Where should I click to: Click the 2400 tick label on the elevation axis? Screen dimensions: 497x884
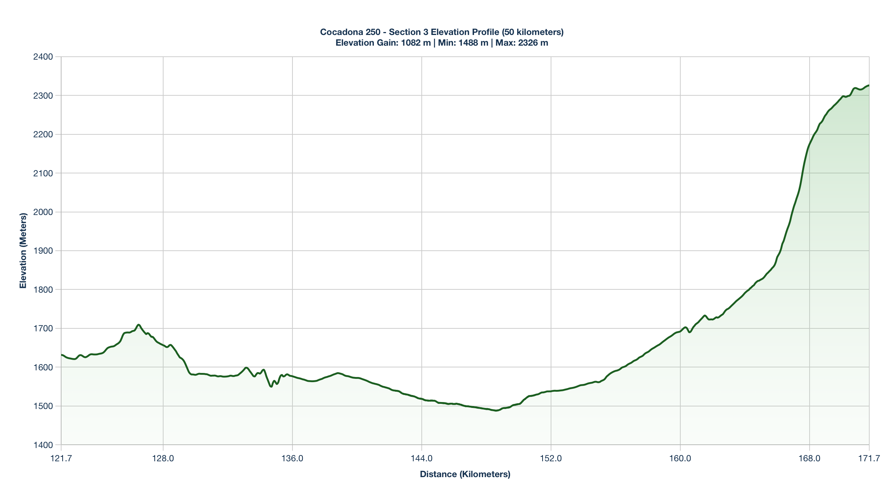coord(43,57)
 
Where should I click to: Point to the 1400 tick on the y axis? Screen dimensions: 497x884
coord(43,445)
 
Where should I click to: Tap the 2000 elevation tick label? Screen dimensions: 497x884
coord(43,212)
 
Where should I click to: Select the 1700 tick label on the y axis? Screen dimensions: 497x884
coord(43,328)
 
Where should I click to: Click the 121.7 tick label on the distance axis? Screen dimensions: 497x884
coord(61,459)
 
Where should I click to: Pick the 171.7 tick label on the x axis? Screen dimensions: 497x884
coord(869,459)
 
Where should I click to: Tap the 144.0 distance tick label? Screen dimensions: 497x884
coord(422,459)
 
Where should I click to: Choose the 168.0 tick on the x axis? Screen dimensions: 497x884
coord(810,459)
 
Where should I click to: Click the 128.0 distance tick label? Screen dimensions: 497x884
coord(163,459)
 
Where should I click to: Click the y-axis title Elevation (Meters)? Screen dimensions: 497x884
coord(23,251)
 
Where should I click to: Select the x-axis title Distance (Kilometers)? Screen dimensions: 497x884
coord(465,474)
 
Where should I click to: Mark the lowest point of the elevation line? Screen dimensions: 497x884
coord(497,410)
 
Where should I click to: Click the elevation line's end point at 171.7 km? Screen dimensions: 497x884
coord(869,85)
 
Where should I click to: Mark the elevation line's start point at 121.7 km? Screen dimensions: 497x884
coord(61,355)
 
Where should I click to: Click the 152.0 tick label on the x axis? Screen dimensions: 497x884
coord(551,459)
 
